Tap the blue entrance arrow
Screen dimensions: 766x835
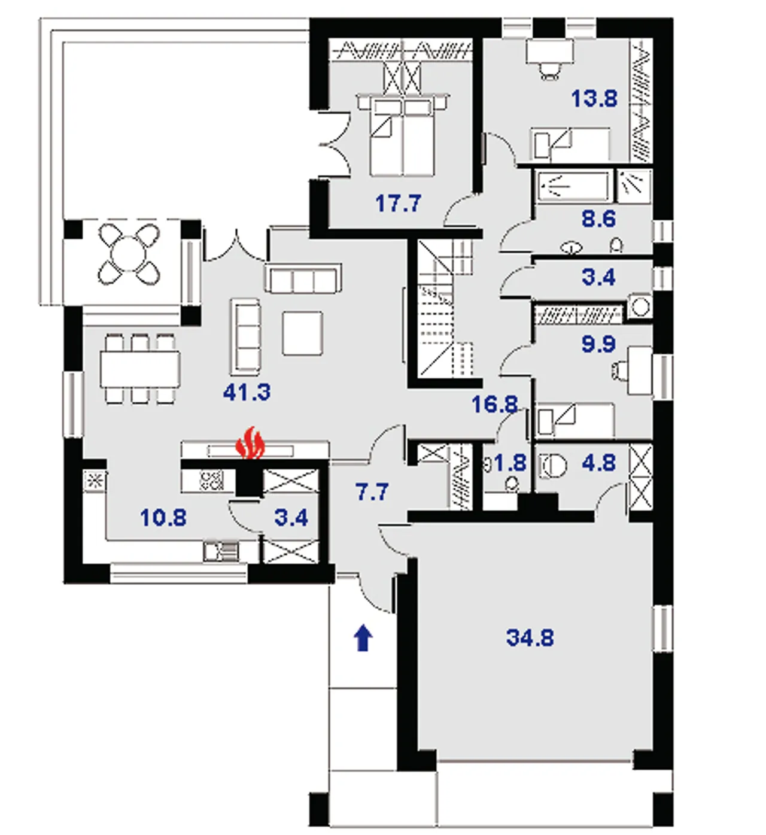[x=363, y=637]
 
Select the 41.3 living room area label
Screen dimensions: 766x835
[x=247, y=392]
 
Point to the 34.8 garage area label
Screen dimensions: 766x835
[x=530, y=637]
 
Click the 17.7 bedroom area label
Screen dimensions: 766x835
[x=399, y=204]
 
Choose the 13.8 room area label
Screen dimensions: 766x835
[x=594, y=99]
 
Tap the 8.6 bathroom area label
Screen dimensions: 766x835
[x=598, y=219]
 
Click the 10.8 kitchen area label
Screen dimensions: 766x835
[x=163, y=518]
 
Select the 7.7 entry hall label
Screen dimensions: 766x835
[x=372, y=491]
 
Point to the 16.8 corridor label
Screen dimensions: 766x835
[x=494, y=405]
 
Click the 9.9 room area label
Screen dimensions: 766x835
[x=598, y=345]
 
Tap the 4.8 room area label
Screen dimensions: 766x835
[x=598, y=463]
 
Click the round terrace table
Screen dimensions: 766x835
[x=129, y=254]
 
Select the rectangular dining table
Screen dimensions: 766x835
[x=140, y=370]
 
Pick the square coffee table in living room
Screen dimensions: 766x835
[x=303, y=333]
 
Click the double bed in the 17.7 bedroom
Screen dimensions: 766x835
[x=403, y=135]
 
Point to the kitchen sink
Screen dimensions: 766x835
[x=221, y=551]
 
